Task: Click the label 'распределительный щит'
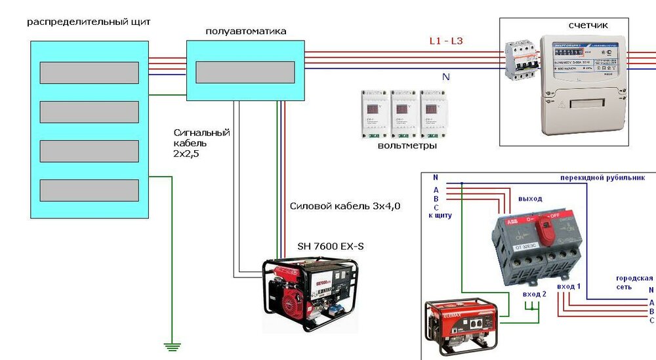point(89,22)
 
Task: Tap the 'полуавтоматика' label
point(246,31)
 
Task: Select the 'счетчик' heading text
point(588,26)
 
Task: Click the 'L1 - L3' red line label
point(445,41)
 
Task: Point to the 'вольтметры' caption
point(407,146)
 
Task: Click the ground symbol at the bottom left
point(172,346)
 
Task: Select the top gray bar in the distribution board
point(89,73)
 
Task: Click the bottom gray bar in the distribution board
point(89,190)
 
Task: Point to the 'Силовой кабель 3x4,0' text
point(345,206)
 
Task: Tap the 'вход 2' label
point(534,295)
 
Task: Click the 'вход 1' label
point(568,287)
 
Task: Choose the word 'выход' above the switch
point(531,198)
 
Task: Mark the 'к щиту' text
point(440,215)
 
